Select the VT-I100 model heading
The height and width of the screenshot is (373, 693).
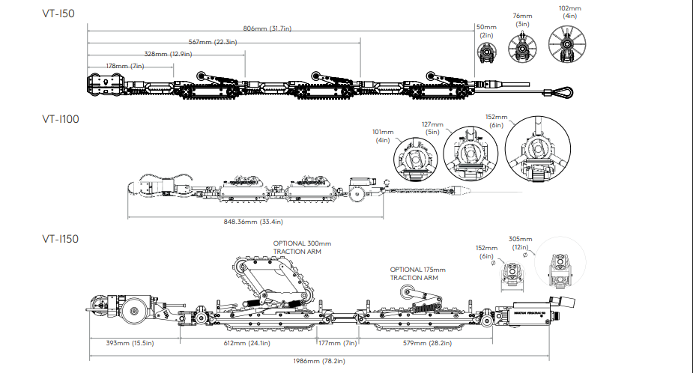61,118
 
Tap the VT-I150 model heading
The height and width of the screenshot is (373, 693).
61,239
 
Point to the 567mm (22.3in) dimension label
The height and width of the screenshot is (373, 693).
214,42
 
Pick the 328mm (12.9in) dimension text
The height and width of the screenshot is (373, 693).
167,54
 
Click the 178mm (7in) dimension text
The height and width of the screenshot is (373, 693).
126,67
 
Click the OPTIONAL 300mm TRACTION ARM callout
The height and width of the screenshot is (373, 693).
302,248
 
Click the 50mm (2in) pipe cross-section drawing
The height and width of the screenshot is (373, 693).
487,53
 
